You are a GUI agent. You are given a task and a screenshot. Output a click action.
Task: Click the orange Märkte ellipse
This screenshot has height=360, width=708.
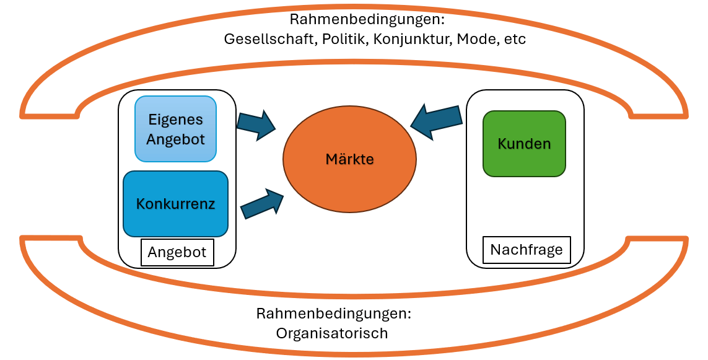click(349, 180)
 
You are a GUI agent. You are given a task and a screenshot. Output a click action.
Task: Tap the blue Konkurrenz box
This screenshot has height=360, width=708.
click(175, 204)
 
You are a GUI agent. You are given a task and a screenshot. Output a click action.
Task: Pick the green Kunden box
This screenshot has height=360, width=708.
click(524, 144)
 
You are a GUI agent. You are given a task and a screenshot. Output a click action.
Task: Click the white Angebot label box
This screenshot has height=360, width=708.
click(177, 253)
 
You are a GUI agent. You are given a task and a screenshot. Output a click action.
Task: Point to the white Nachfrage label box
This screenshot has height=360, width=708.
click(527, 250)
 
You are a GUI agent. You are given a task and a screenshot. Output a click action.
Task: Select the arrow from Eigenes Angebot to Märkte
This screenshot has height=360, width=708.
click(256, 123)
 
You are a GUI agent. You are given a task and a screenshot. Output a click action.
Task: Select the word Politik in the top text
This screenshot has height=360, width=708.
click(337, 39)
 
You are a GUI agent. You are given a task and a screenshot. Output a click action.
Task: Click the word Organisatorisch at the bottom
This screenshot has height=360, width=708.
click(332, 333)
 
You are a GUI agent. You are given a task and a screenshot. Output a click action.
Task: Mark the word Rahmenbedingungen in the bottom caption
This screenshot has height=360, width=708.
click(334, 314)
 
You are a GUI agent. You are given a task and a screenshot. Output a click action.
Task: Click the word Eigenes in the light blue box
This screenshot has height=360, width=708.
click(175, 120)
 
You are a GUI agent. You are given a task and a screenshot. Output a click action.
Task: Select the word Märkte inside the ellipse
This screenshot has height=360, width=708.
click(349, 159)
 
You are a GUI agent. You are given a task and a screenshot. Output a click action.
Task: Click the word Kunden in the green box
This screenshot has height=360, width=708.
click(524, 144)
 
